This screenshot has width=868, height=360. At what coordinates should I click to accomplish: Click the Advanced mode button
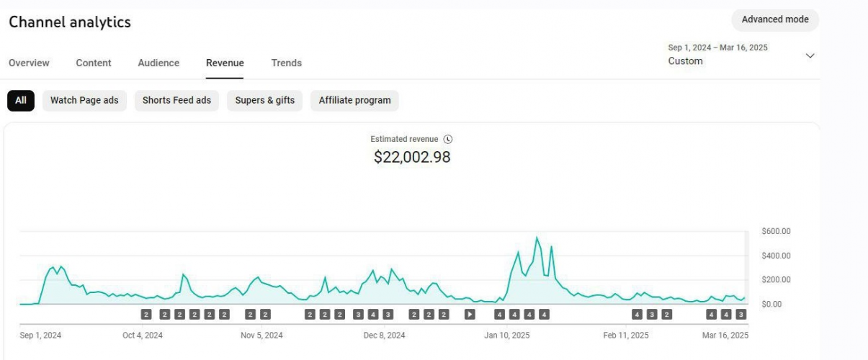[775, 19]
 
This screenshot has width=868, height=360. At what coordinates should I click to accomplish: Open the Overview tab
[29, 63]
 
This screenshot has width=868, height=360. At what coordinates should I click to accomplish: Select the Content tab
[94, 63]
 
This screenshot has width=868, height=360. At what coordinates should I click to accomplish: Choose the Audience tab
[158, 63]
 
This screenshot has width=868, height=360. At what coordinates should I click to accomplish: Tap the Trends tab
[287, 63]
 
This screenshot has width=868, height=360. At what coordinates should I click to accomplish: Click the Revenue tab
[225, 63]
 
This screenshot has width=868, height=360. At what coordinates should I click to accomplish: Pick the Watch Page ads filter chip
[84, 100]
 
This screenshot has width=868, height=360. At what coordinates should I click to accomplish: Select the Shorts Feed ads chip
[176, 100]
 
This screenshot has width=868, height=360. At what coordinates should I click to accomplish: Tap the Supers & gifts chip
[264, 100]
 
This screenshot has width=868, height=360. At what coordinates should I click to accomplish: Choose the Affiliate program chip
[354, 100]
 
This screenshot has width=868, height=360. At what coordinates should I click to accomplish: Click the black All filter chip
[21, 100]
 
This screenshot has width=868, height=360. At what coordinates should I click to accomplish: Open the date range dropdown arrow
[810, 56]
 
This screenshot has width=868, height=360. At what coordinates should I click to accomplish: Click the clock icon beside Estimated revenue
[447, 139]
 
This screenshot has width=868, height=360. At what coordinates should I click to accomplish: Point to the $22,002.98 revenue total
[412, 157]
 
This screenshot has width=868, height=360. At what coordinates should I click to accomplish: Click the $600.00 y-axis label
[776, 231]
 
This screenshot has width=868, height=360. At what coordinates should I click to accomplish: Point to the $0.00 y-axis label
[771, 304]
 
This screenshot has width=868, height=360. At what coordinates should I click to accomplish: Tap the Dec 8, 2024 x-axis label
[384, 336]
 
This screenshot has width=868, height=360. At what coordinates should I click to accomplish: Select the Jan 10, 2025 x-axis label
[507, 336]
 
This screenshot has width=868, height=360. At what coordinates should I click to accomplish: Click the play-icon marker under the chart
[470, 314]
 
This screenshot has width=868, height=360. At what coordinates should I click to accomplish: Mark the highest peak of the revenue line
[537, 237]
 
